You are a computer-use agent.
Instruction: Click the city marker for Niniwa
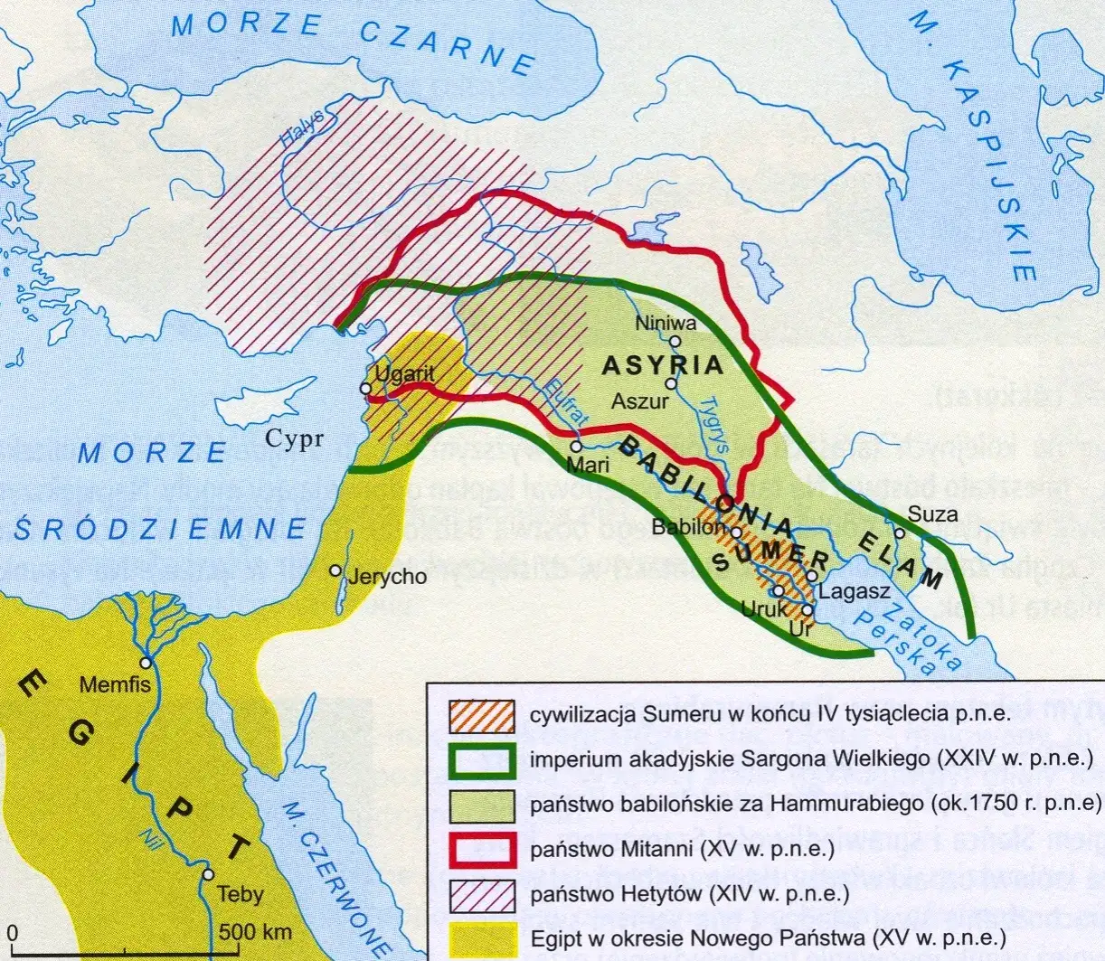point(675,342)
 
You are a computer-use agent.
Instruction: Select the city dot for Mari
point(576,447)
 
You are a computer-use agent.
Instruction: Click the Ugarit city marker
point(366,389)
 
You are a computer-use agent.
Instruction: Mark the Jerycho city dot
point(335,571)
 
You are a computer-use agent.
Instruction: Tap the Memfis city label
point(115,684)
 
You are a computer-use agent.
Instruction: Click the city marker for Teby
point(209,875)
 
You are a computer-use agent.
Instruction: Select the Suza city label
point(932,513)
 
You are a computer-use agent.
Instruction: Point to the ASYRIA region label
point(663,366)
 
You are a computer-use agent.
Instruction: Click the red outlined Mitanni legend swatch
point(481,850)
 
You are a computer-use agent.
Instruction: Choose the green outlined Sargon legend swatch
point(481,760)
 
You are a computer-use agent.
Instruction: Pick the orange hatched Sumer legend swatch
point(481,716)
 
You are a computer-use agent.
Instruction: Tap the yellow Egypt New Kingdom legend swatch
point(481,938)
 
